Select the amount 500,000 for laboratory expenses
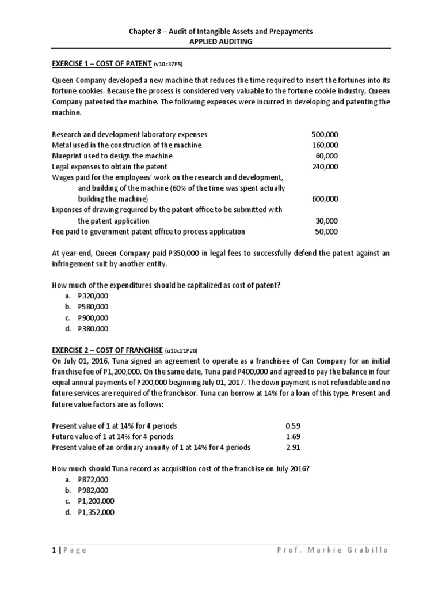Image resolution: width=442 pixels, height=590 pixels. click(x=325, y=134)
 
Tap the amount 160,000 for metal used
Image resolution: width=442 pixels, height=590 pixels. click(x=325, y=145)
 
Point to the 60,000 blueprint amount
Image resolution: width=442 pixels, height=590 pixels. click(x=327, y=156)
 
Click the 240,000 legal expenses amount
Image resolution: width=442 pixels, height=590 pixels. click(x=325, y=167)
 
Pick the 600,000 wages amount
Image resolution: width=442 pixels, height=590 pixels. click(x=325, y=199)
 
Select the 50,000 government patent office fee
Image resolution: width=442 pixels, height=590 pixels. click(x=327, y=232)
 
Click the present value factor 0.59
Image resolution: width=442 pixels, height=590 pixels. click(x=293, y=426)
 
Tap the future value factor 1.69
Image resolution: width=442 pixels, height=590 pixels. click(x=293, y=437)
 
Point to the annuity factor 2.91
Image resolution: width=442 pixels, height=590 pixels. click(x=293, y=447)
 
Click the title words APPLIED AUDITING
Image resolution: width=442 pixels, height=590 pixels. click(x=220, y=42)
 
